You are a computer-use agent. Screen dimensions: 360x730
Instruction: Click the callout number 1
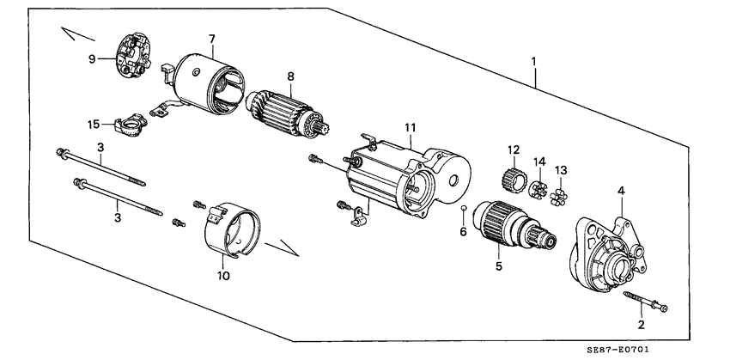(534, 62)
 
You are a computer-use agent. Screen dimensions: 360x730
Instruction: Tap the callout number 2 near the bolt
(640, 324)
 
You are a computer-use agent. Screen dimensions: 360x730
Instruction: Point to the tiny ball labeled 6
(463, 209)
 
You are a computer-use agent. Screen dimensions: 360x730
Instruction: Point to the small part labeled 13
(560, 198)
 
